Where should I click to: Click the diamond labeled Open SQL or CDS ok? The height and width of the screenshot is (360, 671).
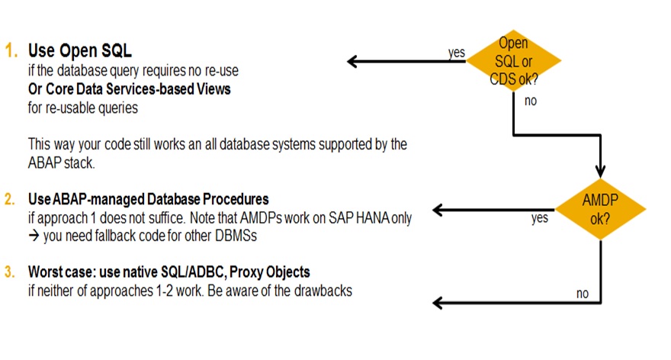pos(513,61)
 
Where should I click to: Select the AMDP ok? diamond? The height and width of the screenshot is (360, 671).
pos(600,209)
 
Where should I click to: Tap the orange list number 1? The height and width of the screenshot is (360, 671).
pos(11,51)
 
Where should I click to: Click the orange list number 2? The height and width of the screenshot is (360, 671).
pos(10,199)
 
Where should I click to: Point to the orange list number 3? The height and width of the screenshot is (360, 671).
pos(10,272)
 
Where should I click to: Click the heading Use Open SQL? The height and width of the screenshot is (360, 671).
pos(80,50)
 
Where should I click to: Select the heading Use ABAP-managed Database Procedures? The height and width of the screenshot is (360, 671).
pos(149,199)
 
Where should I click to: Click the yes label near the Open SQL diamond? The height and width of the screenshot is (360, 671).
pos(457,52)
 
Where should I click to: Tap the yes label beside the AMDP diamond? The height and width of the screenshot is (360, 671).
pos(540,218)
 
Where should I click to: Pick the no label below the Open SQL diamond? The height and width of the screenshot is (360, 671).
pos(531,101)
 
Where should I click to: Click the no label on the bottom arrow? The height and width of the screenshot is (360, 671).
pos(583,294)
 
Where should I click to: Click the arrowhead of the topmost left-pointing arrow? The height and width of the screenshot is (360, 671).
pos(352,62)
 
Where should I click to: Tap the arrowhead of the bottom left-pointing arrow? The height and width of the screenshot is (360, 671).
pos(438,303)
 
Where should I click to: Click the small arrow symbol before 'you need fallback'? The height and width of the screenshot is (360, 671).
pos(34,236)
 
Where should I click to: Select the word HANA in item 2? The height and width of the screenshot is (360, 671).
pos(372,218)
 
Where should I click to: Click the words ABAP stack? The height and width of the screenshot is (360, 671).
pos(61,162)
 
